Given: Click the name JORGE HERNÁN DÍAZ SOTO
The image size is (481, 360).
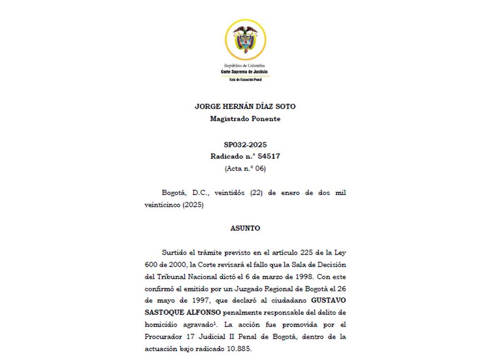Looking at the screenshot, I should (x=245, y=107).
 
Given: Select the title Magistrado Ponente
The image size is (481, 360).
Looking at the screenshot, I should (x=245, y=119).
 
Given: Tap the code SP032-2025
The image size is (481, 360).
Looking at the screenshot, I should (x=245, y=145).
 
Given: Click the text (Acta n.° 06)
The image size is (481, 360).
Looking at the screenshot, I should (x=245, y=168).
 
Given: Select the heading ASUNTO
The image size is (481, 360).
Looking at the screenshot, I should (x=245, y=228).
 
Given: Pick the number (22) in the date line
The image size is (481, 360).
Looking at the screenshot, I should (x=256, y=193).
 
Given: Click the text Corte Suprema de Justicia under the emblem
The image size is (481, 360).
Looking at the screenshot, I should (x=245, y=72).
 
